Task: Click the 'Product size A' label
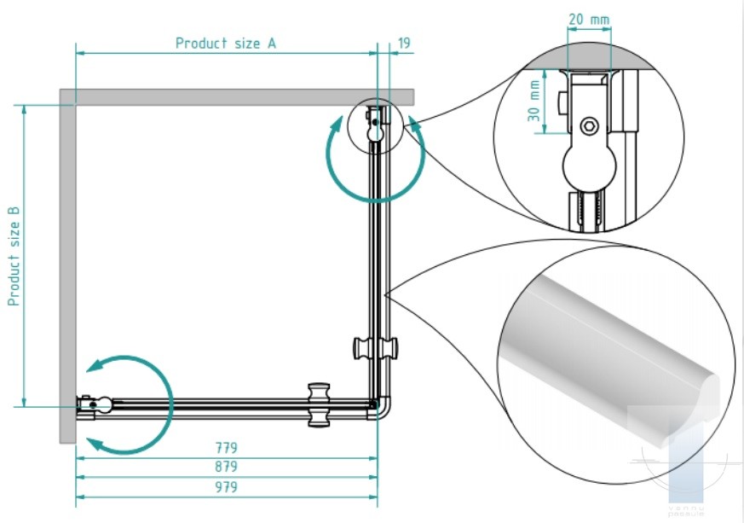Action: pos(226,43)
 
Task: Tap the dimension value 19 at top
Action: pos(404,43)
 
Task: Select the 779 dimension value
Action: pos(226,447)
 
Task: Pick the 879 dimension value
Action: pos(226,467)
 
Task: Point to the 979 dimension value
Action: pos(226,487)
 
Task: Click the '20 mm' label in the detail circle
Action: pos(588,19)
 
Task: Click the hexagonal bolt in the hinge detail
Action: pos(589,127)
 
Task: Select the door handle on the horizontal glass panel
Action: pos(319,404)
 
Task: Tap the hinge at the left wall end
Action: pos(94,404)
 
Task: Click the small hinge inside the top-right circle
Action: pos(375,121)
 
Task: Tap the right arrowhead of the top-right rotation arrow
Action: pos(413,122)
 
